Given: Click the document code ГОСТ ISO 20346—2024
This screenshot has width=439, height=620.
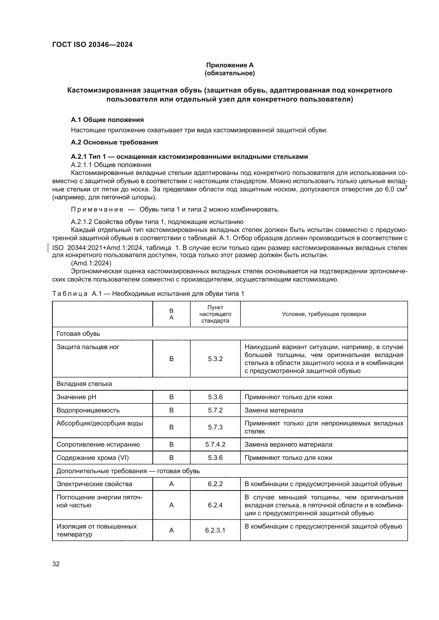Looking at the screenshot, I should click(92, 45).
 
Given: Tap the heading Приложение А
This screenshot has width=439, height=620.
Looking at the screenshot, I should click(230, 65).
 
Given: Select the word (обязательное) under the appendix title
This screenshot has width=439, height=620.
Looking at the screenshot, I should click(230, 73).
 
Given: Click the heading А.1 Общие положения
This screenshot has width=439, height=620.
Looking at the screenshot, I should click(107, 120).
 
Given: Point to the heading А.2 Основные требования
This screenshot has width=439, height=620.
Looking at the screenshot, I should click(114, 142).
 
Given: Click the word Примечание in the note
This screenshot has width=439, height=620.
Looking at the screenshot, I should click(97, 209).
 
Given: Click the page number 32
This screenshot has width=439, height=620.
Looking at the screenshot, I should click(56, 564).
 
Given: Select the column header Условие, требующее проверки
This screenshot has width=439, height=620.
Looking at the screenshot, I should click(324, 314).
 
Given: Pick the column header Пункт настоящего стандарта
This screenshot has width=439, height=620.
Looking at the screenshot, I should click(215, 314).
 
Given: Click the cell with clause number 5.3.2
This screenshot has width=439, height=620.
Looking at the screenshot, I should click(215, 359).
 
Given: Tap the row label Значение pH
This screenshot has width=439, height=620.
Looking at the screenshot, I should click(76, 397).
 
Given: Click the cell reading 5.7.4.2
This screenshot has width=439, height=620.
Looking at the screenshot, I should click(215, 445).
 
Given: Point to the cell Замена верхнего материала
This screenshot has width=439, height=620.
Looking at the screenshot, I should click(288, 445).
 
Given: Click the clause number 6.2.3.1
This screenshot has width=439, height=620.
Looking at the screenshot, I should click(215, 530).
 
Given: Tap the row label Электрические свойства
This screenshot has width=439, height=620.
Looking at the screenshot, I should click(94, 484).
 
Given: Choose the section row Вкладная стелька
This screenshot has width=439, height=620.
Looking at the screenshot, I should click(84, 384).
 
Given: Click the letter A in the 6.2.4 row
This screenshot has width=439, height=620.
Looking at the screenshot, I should click(171, 505).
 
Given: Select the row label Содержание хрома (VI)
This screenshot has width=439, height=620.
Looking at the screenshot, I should click(93, 458).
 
